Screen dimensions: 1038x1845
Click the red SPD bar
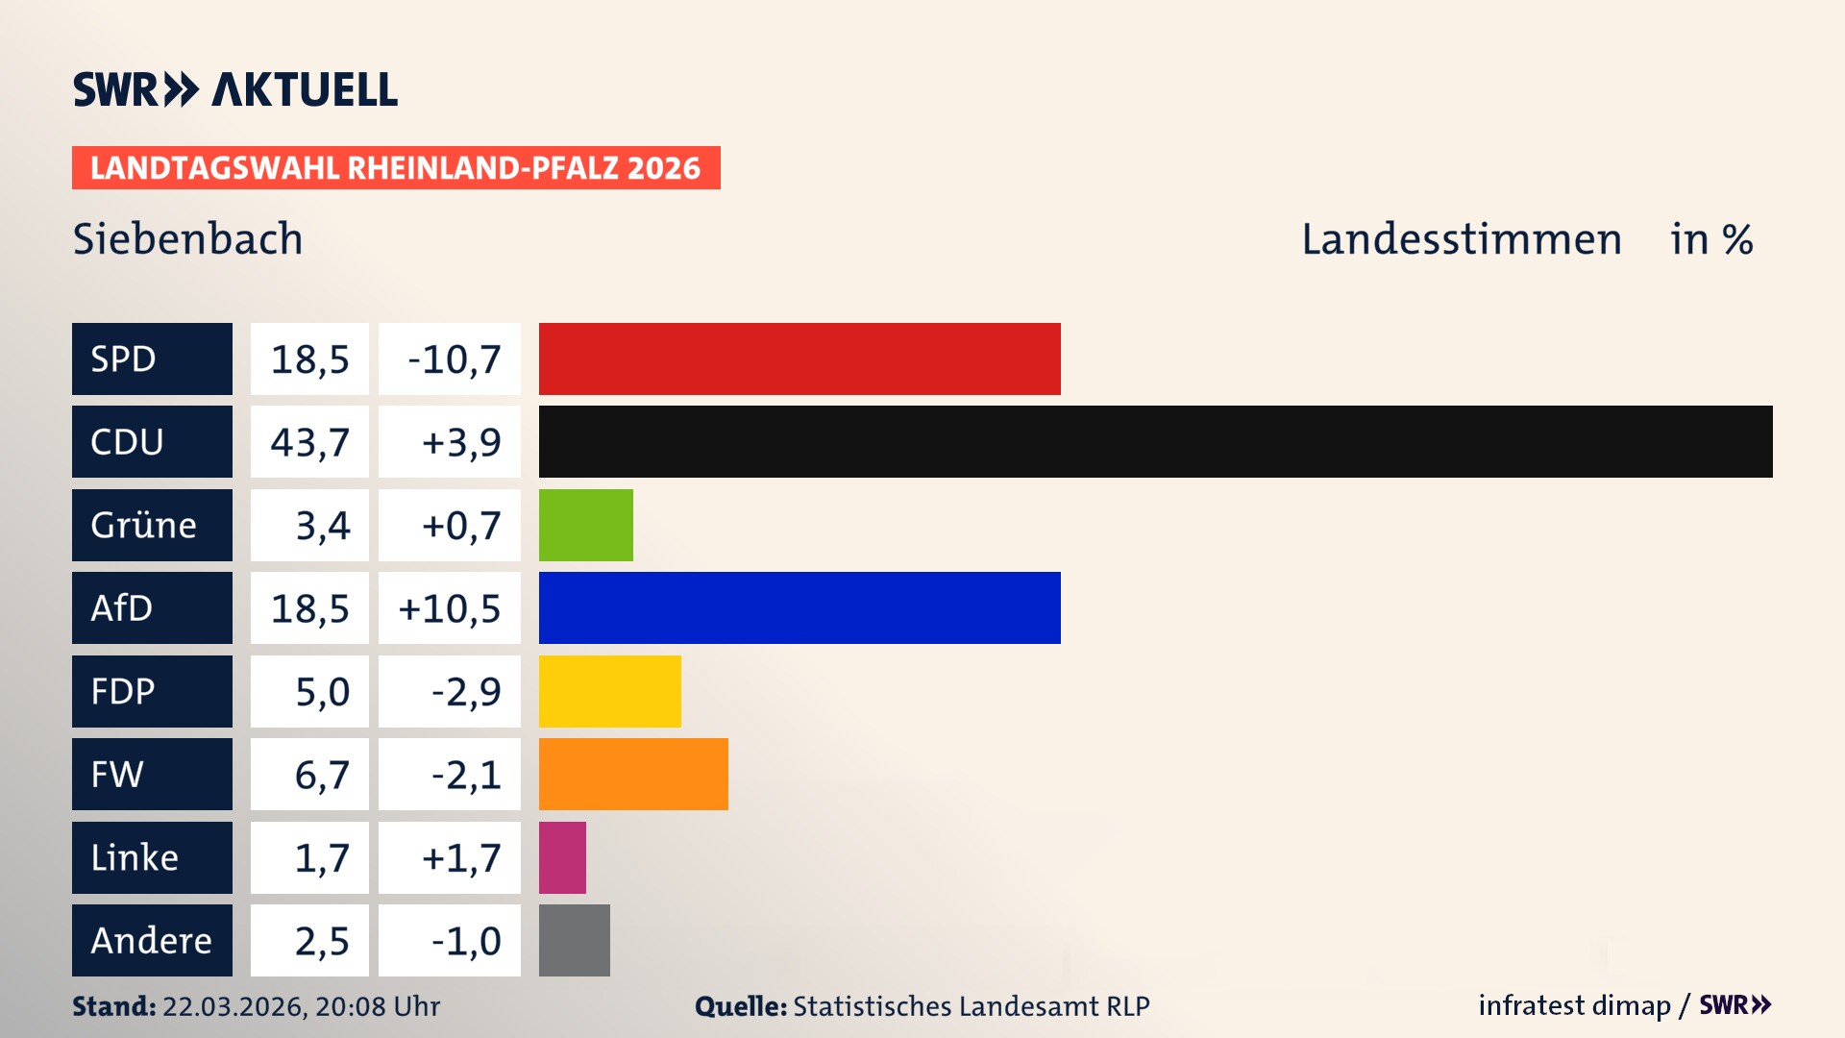[x=799, y=358]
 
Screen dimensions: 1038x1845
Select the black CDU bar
[x=1155, y=441]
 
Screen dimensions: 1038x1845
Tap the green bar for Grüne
[x=585, y=525]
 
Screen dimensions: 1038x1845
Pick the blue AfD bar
[x=799, y=607]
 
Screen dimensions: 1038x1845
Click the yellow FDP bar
[x=609, y=691]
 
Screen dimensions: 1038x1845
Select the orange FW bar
[x=633, y=774]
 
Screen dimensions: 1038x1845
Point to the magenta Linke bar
[x=562, y=857]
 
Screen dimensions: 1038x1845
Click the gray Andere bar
[x=574, y=940]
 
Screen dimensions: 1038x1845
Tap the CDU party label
[x=152, y=441]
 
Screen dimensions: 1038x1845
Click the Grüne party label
[x=152, y=525]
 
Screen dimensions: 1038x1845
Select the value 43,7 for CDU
[x=309, y=442]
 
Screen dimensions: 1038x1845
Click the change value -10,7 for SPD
[x=450, y=359]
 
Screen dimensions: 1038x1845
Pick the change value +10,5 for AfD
[x=450, y=608]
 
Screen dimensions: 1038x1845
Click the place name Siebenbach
[x=187, y=239]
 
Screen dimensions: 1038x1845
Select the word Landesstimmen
[x=1461, y=239]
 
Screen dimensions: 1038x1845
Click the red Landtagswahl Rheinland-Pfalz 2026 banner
[x=395, y=168]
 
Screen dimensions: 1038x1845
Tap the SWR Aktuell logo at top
[x=234, y=89]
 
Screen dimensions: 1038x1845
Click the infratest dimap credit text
[x=1573, y=1005]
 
